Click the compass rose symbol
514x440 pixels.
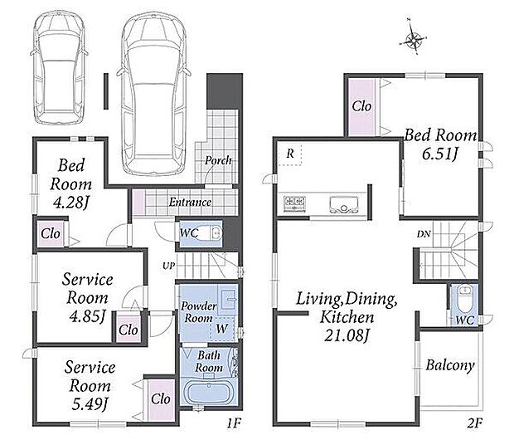coord(413,39)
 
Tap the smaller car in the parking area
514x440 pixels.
coord(59,68)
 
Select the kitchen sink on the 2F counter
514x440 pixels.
coord(343,205)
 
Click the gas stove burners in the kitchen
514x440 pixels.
coord(294,203)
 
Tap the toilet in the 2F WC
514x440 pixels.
coord(464,298)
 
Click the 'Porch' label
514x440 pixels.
coord(218,160)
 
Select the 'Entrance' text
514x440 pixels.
coord(190,202)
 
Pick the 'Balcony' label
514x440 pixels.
coord(450,365)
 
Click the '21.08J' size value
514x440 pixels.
coord(347,335)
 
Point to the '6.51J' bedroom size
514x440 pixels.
coord(439,154)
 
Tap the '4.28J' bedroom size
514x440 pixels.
coord(70,203)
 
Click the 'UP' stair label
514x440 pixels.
coord(169,266)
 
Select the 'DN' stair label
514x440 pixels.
coord(424,234)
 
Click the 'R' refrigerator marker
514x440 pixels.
coord(290,153)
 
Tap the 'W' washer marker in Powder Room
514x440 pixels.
coord(222,329)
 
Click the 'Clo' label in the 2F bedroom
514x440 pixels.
coord(361,105)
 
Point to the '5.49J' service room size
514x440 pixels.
coord(90,404)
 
